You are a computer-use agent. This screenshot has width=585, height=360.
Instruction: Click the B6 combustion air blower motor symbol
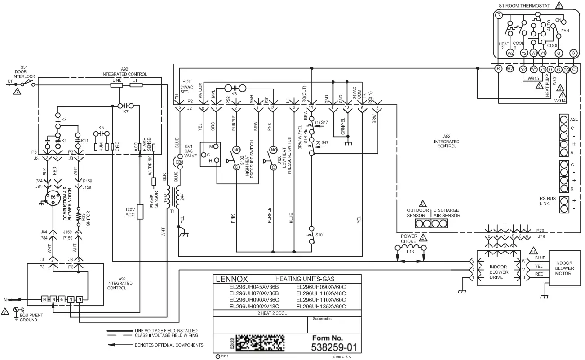point(53,197)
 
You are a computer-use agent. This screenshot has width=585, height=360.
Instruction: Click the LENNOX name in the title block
point(232,279)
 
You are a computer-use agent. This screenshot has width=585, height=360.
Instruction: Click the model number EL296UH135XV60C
point(321,307)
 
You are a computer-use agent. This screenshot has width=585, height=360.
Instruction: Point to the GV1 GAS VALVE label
point(188,151)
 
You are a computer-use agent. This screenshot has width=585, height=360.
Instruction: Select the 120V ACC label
point(129,212)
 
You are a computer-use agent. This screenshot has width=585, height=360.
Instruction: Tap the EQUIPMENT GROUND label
point(28,318)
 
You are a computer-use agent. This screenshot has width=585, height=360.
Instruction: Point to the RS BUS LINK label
point(547,200)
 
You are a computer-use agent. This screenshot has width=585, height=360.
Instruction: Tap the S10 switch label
point(319,234)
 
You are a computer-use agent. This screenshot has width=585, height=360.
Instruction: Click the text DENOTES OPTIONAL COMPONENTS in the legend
point(169,345)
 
